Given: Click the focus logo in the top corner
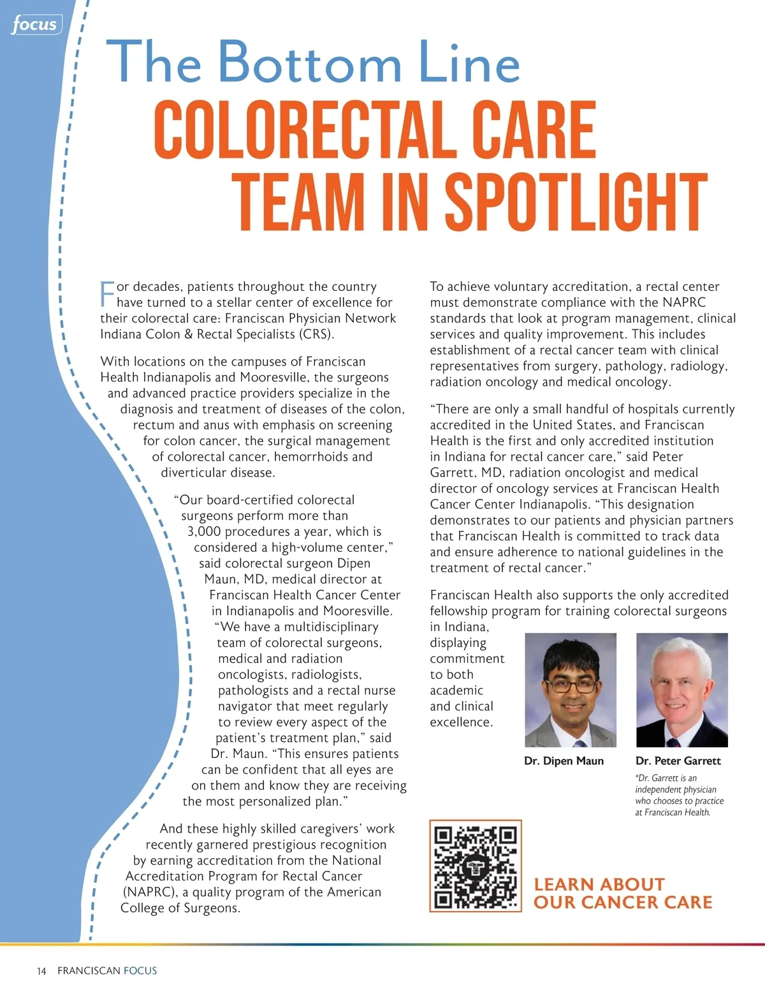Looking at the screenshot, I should click(36, 25).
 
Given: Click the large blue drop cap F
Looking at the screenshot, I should click(107, 293).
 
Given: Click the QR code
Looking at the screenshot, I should click(476, 866).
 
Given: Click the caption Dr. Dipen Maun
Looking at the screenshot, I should click(564, 760).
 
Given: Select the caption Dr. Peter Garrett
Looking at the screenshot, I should click(678, 760).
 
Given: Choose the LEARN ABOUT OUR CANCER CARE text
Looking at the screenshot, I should click(622, 893).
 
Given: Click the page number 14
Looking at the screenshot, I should click(41, 971).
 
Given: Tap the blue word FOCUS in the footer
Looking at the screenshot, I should click(140, 970).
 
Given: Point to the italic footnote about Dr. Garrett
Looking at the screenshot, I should click(679, 795).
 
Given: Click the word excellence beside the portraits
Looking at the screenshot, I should click(461, 722).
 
